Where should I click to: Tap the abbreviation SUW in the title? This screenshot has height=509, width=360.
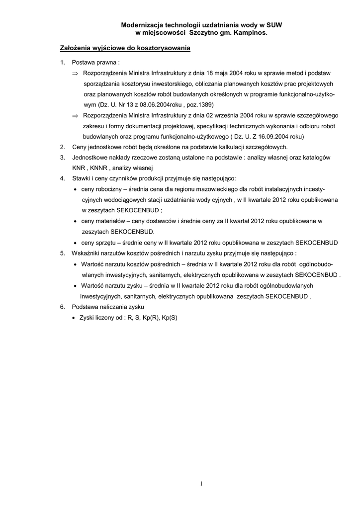tap(274, 24)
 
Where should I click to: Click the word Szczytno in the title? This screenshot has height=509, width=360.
tap(205, 32)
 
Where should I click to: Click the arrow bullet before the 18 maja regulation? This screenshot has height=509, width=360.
tap(75, 74)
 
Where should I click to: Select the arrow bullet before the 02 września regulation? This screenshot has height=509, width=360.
tap(75, 115)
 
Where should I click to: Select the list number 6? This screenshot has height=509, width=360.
tap(62, 307)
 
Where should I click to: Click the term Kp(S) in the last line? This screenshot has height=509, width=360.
tap(170, 317)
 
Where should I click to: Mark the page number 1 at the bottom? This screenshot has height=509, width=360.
tap(201, 483)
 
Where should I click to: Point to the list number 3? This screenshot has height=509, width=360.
tap(62, 158)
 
